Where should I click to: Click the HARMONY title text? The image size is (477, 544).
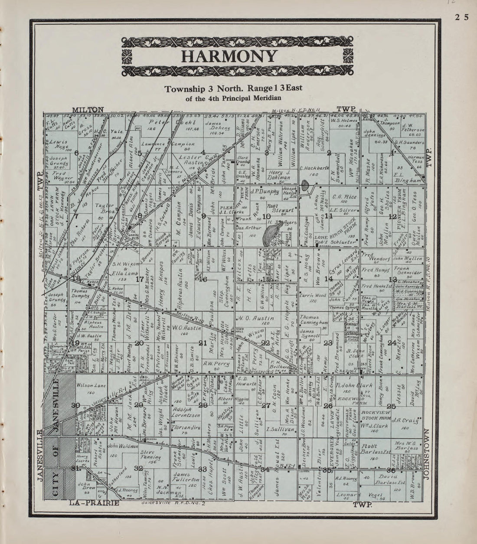tap(229, 57)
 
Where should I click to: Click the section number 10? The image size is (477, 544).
tap(267, 216)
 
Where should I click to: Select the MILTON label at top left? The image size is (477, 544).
tap(88, 110)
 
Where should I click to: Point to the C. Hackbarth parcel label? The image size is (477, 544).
tap(314, 168)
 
